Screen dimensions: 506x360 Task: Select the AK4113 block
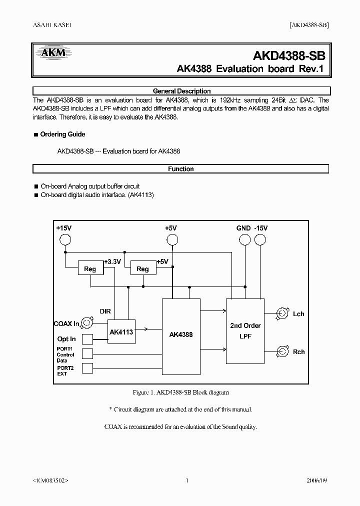pyautogui.click(x=121, y=332)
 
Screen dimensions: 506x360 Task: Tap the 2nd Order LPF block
pyautogui.click(x=245, y=331)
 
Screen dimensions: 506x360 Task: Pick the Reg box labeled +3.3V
pyautogui.click(x=90, y=268)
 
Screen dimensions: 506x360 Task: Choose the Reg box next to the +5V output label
pyautogui.click(x=142, y=268)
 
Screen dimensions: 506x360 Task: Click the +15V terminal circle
pyautogui.click(x=65, y=240)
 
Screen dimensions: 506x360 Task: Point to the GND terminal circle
pyautogui.click(x=244, y=240)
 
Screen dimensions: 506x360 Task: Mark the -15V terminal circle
pyautogui.click(x=260, y=240)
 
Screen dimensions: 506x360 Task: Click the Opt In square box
pyautogui.click(x=87, y=339)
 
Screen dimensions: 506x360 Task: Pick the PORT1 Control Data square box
pyautogui.click(x=87, y=354)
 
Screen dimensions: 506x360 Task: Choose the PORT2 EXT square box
pyautogui.click(x=87, y=368)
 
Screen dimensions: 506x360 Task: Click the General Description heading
pyautogui.click(x=181, y=91)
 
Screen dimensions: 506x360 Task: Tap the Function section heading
pyautogui.click(x=181, y=169)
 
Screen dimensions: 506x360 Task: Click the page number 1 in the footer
pyautogui.click(x=186, y=480)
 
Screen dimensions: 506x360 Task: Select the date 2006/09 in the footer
pyautogui.click(x=317, y=480)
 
